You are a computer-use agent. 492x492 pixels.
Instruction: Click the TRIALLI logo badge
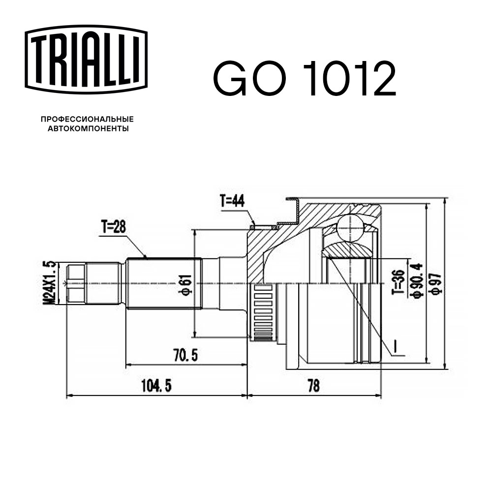tap(86, 59)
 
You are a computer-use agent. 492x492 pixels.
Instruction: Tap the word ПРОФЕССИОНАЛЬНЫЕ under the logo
tap(87, 119)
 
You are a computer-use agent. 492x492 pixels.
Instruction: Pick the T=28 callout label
tap(114, 227)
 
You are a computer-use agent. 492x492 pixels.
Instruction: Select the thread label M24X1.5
tap(48, 283)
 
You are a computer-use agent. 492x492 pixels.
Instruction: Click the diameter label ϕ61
tap(186, 283)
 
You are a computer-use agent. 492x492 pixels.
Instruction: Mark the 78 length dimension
tap(313, 386)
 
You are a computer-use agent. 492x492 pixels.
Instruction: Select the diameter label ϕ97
tap(435, 283)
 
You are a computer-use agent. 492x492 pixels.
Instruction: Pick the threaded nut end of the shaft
tap(75, 283)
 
